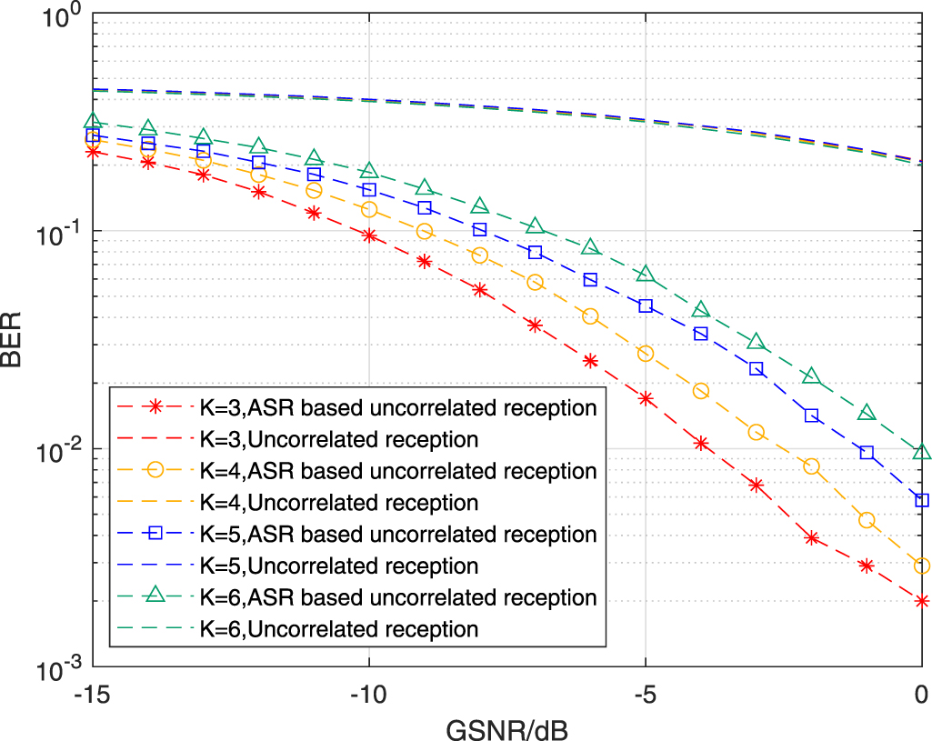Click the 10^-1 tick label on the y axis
[x=59, y=231]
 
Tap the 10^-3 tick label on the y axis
[x=59, y=667]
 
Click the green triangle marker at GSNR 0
[x=922, y=452]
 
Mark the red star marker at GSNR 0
[x=922, y=601]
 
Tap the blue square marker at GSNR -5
[x=646, y=306]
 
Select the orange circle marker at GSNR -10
[x=369, y=210]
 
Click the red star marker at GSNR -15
[x=92, y=151]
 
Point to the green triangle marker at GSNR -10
[x=369, y=170]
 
